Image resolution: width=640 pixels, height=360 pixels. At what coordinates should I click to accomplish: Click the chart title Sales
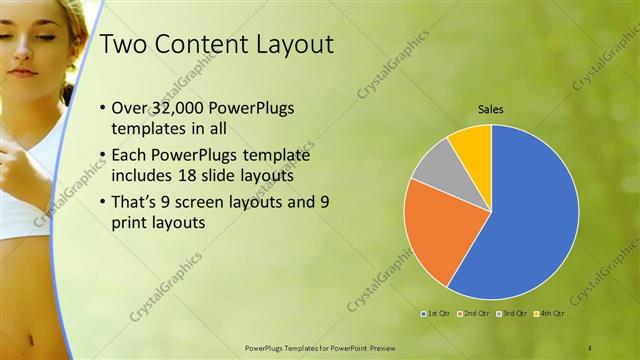point(490,109)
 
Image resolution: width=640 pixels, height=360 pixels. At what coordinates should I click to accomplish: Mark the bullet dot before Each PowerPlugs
point(104,157)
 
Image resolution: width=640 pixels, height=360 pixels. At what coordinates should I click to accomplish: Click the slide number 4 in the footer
point(590,348)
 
